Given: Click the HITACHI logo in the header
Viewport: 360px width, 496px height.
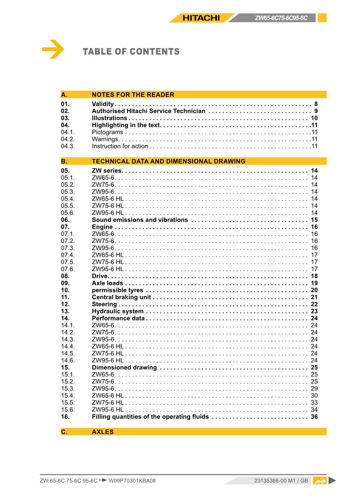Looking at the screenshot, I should [x=201, y=18].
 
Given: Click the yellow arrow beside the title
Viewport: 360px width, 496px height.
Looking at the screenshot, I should [x=53, y=49].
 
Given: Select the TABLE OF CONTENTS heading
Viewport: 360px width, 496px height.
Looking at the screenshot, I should [x=131, y=52].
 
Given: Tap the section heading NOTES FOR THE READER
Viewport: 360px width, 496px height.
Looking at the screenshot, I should [x=133, y=95].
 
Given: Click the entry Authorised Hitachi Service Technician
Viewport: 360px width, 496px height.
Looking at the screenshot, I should [x=148, y=111].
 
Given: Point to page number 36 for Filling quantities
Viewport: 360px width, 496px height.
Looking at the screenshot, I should [x=314, y=417].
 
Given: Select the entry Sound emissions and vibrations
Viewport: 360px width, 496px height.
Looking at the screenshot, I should [x=140, y=220].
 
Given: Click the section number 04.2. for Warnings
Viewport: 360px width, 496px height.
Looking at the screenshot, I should [x=67, y=139].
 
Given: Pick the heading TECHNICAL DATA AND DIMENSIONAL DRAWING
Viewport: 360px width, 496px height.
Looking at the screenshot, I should [x=168, y=162].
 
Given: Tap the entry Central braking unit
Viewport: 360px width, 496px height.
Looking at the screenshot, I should [x=121, y=297].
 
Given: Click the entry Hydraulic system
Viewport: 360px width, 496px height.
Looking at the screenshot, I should [x=117, y=312].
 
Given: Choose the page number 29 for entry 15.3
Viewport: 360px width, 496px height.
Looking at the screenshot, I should [x=314, y=389].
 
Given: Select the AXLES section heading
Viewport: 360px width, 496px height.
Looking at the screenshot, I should [x=102, y=432].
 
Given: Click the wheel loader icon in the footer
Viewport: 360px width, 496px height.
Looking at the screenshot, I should [x=319, y=481].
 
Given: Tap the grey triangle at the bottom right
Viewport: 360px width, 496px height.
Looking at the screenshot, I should [x=332, y=481].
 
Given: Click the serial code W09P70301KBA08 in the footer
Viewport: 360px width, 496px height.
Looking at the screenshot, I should [x=132, y=481].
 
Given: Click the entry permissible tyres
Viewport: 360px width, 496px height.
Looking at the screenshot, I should [x=117, y=290].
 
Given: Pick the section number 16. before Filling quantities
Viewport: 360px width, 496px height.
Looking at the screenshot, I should [x=65, y=417].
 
